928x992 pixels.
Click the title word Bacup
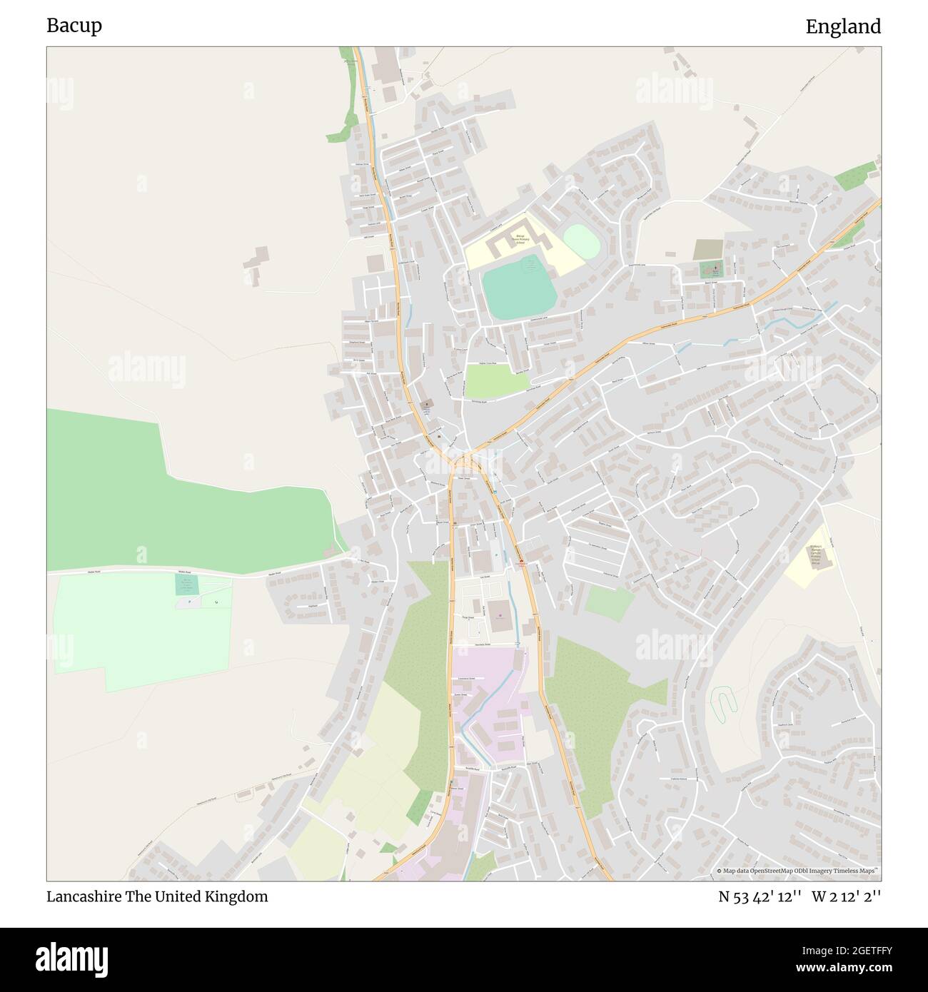click(x=74, y=26)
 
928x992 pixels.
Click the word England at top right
click(x=843, y=26)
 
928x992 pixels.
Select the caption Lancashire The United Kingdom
click(x=157, y=896)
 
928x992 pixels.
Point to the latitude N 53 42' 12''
click(x=760, y=896)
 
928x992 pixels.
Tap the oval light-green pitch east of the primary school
click(x=581, y=243)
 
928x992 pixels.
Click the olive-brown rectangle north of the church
click(x=707, y=250)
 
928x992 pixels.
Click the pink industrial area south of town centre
click(x=489, y=707)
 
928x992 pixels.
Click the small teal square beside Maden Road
click(x=186, y=584)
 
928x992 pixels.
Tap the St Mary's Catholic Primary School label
click(x=816, y=555)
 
